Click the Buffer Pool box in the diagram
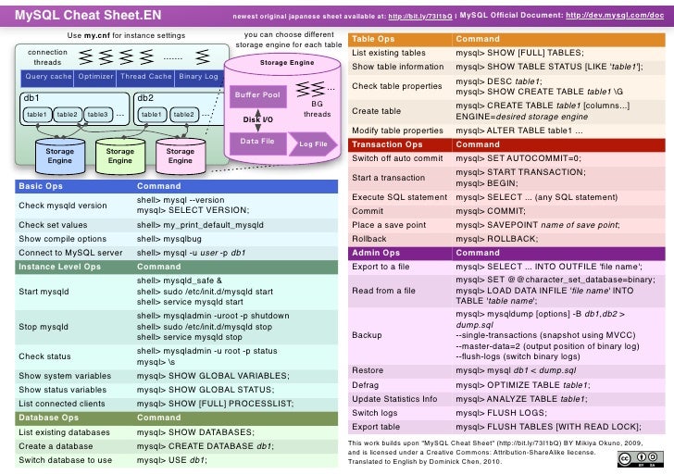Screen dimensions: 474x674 pyautogui.click(x=257, y=94)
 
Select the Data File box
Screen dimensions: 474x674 pyautogui.click(x=257, y=141)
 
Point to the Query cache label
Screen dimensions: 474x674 pyautogui.click(x=48, y=77)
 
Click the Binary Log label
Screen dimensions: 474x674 pyautogui.click(x=198, y=77)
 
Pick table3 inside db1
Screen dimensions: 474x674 pyautogui.click(x=97, y=114)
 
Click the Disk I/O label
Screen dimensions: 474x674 pyautogui.click(x=257, y=119)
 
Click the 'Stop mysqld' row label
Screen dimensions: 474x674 pyautogui.click(x=44, y=327)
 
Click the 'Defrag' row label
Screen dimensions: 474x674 pyautogui.click(x=367, y=384)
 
